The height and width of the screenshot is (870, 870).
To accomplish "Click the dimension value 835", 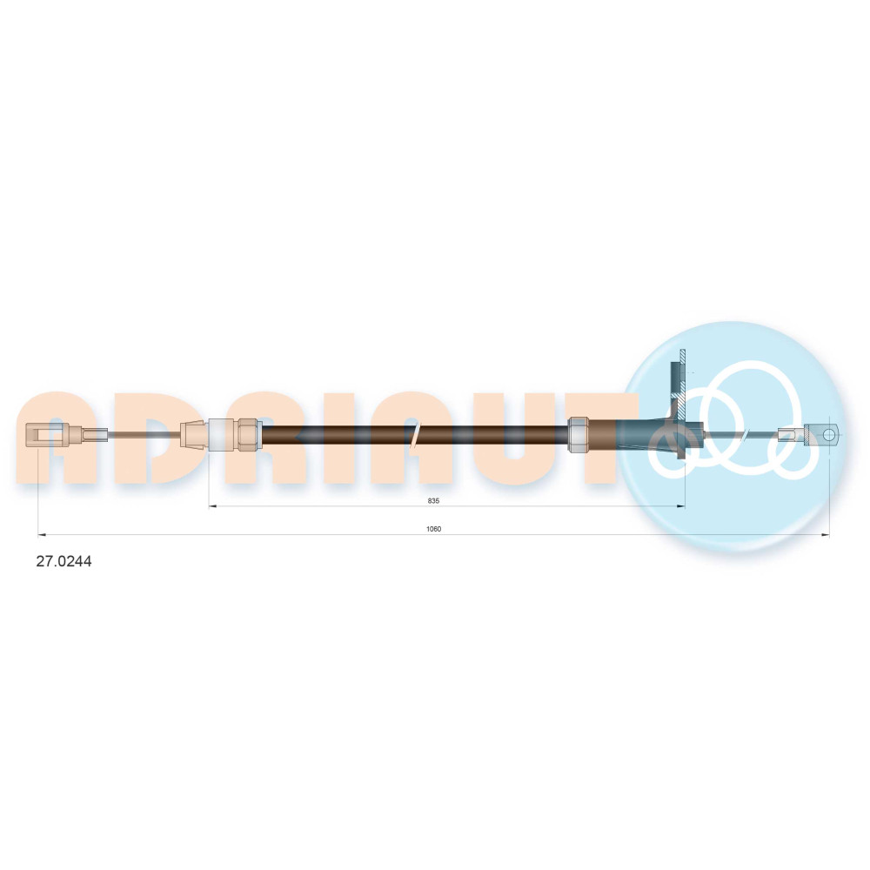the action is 433,500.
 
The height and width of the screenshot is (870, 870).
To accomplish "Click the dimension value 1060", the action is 433,529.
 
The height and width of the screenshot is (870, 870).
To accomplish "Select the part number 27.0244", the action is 64,561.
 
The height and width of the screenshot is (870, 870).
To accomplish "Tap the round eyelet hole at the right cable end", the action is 828,433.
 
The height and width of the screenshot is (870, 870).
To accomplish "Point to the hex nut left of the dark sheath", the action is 250,433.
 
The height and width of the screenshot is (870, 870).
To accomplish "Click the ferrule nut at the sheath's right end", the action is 578,434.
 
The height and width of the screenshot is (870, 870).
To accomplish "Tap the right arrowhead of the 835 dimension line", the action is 681,506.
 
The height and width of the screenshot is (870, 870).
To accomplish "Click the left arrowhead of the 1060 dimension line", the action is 41,535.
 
